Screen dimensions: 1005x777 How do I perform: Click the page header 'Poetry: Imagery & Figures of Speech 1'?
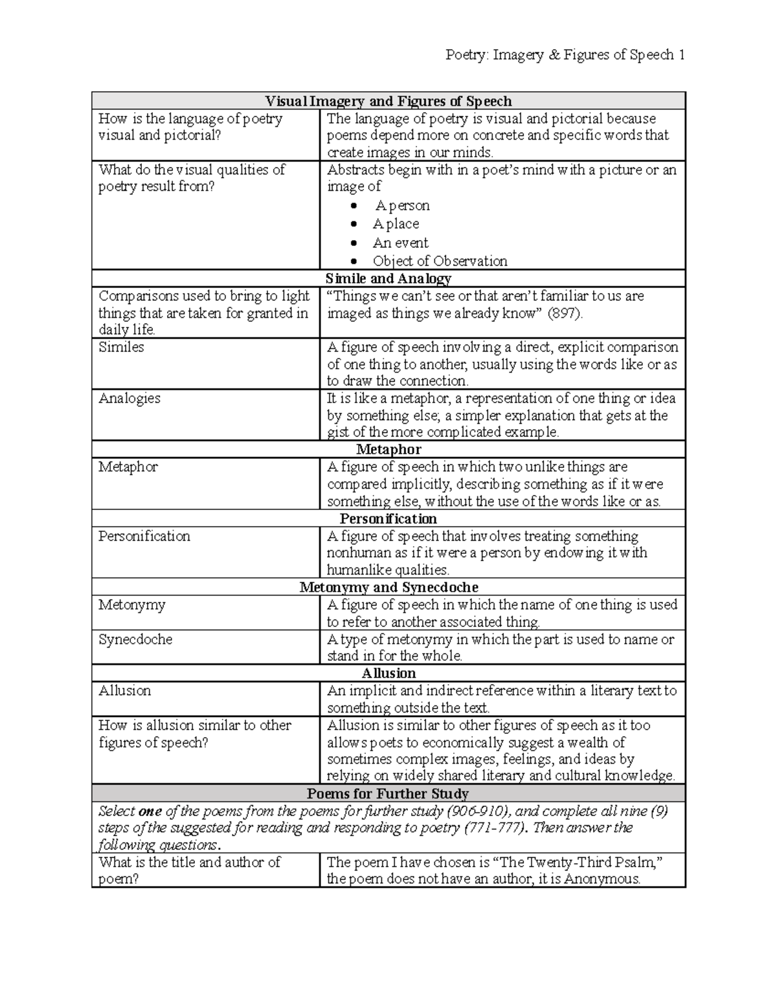pyautogui.click(x=565, y=55)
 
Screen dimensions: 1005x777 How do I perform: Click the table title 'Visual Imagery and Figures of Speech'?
pyautogui.click(x=388, y=101)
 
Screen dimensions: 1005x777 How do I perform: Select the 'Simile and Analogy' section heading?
pyautogui.click(x=388, y=278)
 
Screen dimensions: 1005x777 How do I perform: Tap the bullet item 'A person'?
pyautogui.click(x=401, y=206)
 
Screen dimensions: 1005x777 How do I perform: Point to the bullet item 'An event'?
pyautogui.click(x=400, y=243)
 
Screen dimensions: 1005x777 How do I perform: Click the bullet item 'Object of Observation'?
pyautogui.click(x=440, y=261)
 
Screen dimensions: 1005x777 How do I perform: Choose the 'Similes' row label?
pyautogui.click(x=121, y=348)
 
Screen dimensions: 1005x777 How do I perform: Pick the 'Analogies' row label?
pyautogui.click(x=129, y=399)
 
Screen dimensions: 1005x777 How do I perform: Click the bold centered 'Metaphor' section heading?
pyautogui.click(x=388, y=449)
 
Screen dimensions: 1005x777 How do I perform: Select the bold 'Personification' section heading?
pyautogui.click(x=388, y=519)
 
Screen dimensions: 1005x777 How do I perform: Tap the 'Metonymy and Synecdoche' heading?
pyautogui.click(x=388, y=588)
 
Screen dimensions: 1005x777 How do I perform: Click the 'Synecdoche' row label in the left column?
pyautogui.click(x=135, y=639)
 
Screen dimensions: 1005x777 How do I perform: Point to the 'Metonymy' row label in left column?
pyautogui.click(x=131, y=605)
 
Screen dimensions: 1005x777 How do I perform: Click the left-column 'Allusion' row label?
pyautogui.click(x=124, y=691)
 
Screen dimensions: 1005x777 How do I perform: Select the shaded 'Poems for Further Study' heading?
pyautogui.click(x=388, y=793)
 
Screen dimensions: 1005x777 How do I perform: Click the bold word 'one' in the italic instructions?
pyautogui.click(x=150, y=812)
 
